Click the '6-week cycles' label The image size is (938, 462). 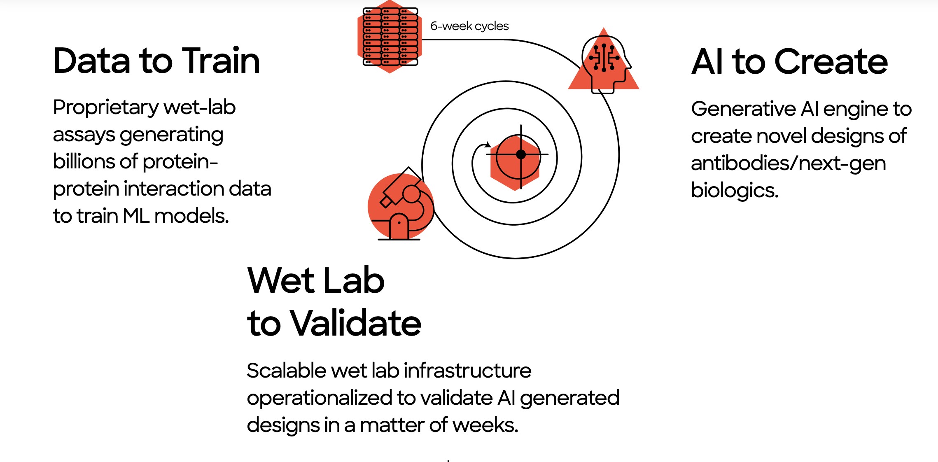(x=469, y=26)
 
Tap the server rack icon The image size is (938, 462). (x=390, y=37)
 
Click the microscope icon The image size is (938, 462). (x=401, y=204)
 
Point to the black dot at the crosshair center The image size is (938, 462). (x=521, y=154)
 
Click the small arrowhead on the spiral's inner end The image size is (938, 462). (x=488, y=145)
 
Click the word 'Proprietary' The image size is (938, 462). (x=106, y=108)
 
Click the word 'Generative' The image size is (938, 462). (x=743, y=109)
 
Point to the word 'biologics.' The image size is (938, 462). (x=735, y=191)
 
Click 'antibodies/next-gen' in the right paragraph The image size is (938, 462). (x=788, y=163)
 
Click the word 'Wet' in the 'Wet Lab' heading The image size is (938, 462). (x=281, y=280)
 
